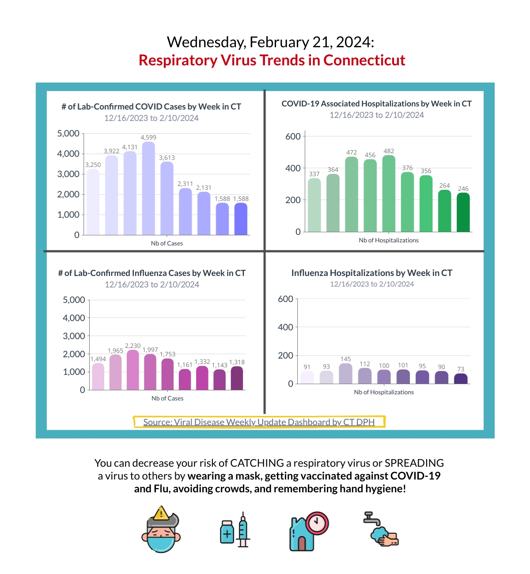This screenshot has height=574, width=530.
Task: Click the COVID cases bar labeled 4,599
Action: coord(148,188)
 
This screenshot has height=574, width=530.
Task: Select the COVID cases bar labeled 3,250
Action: coord(93,202)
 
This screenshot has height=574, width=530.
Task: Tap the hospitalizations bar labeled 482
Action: coord(389,193)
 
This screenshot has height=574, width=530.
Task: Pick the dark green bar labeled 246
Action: coord(463,212)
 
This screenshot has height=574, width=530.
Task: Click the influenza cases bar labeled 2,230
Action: coord(132,370)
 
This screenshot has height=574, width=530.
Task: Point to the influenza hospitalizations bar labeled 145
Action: coord(345,374)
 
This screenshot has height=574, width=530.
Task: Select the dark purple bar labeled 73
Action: coord(461,379)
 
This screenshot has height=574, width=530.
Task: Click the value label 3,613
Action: coord(167,158)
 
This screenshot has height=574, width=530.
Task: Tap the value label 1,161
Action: coord(185,365)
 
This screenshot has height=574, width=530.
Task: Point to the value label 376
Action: coord(407,168)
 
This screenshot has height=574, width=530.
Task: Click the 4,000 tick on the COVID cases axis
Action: coord(68,154)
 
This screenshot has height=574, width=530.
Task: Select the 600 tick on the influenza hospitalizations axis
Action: coord(285,299)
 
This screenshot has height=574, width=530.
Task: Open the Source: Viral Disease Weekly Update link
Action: coord(259,422)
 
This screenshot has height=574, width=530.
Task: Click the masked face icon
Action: coord(161,529)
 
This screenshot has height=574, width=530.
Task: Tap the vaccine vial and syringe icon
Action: coord(235,529)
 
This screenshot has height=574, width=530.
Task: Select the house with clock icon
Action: coord(309,531)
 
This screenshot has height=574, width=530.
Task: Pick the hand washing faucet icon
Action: coord(381,529)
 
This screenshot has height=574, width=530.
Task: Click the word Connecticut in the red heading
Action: coord(364,60)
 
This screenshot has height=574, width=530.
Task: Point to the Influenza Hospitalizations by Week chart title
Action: coord(371,273)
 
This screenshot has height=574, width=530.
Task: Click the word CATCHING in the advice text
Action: coord(257,463)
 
